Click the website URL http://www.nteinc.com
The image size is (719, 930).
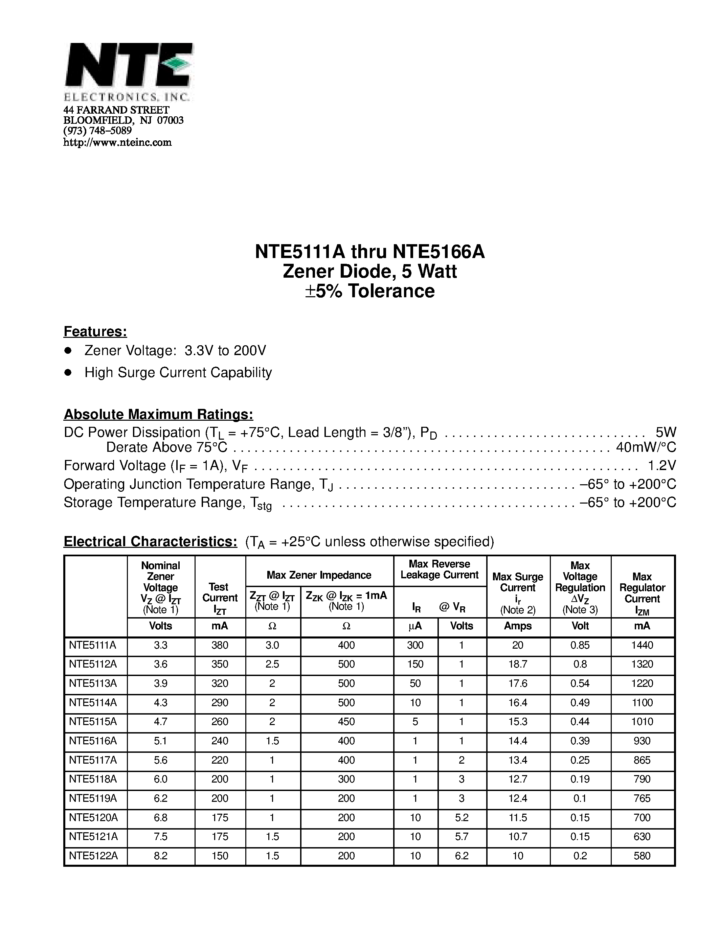coord(117,142)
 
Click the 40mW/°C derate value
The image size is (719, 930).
coord(646,447)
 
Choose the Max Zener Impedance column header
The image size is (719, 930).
coord(319,575)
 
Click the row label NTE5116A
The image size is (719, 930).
coord(92,741)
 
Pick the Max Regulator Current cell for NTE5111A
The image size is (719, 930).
coord(642,645)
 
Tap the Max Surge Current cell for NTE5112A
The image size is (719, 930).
coord(518,664)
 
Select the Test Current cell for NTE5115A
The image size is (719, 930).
coord(220,721)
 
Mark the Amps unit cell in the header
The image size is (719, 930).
coord(518,626)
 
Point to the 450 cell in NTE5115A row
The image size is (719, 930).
coord(346,721)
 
